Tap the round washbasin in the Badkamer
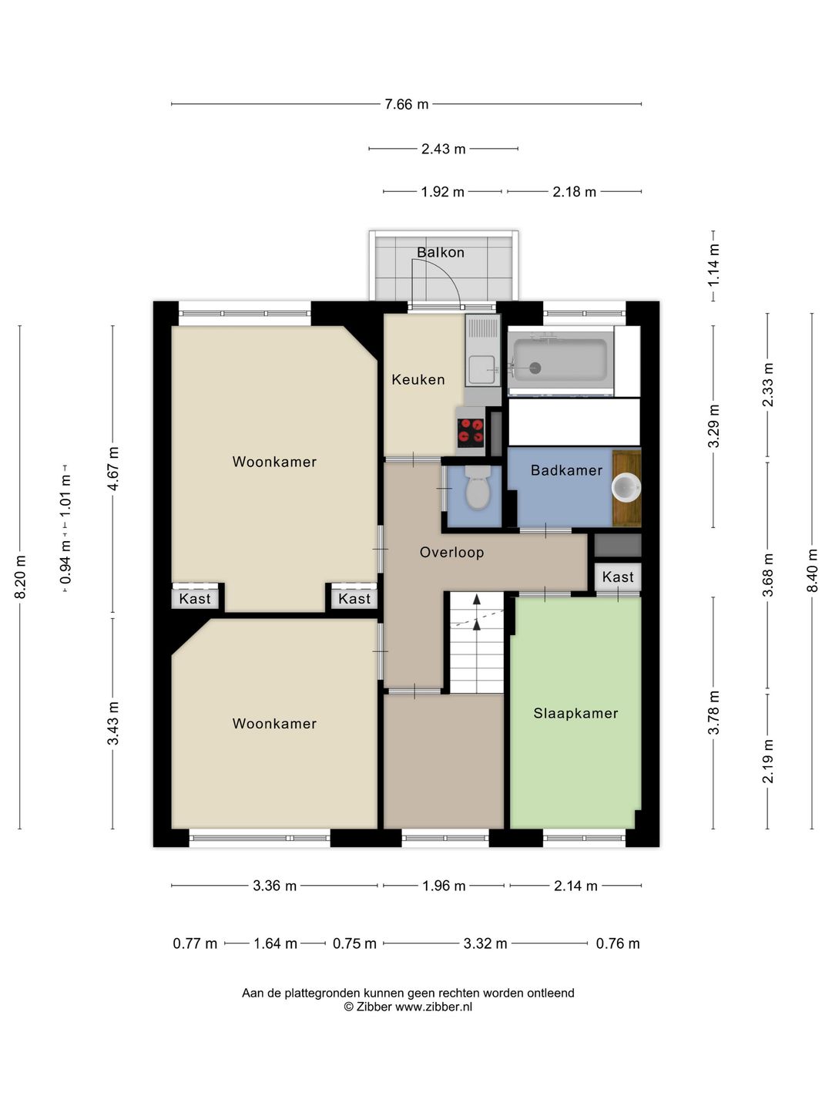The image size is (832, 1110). pos(626,488)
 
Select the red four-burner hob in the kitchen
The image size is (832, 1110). pos(471,432)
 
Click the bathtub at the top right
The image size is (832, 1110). pos(560,360)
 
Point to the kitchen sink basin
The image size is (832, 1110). pos(481,370)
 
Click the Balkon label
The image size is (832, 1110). pos(441,252)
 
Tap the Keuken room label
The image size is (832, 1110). pos(418,379)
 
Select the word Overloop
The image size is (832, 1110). pos(451,552)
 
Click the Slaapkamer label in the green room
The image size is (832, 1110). pos(576,713)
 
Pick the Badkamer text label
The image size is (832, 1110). pos(566,470)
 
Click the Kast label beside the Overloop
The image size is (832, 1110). pos(618,577)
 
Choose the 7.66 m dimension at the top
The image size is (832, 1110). pos(406,104)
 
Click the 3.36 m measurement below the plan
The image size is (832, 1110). pos(274,886)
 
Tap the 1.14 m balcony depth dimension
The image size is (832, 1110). pos(713,265)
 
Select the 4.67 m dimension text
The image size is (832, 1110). pos(112,468)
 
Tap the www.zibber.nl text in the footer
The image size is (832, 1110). pos(434,1007)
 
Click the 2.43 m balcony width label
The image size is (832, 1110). pos(444,150)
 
